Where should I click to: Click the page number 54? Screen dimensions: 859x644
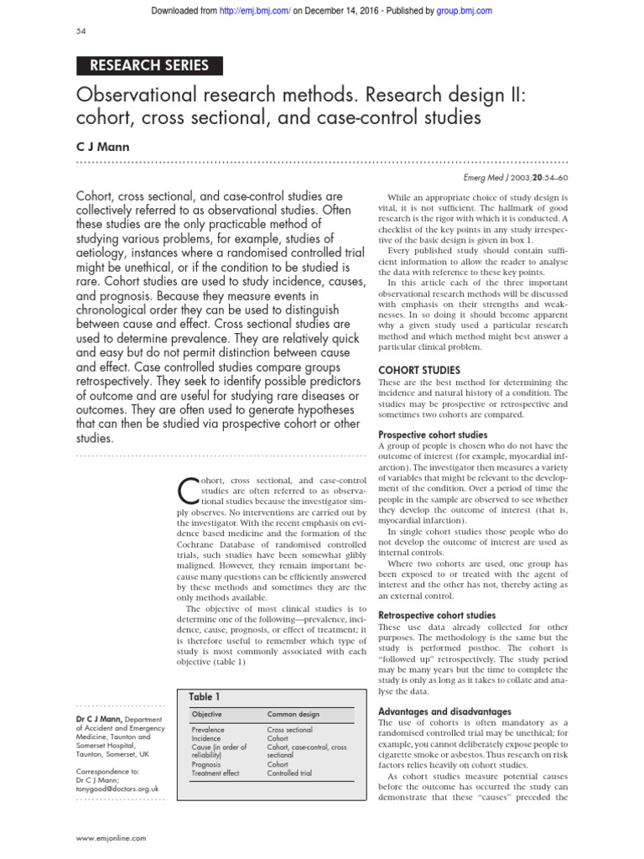(81, 32)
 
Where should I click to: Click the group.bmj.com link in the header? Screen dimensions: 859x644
(464, 10)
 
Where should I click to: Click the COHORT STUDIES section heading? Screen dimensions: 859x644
(419, 370)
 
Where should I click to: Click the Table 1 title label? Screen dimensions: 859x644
(205, 696)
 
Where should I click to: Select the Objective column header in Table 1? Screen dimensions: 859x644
(208, 714)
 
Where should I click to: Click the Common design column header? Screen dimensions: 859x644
(293, 714)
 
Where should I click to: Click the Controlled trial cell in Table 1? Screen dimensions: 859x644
(289, 773)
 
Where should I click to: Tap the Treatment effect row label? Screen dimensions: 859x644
(216, 773)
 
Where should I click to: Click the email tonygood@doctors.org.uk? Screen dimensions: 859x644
(117, 789)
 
